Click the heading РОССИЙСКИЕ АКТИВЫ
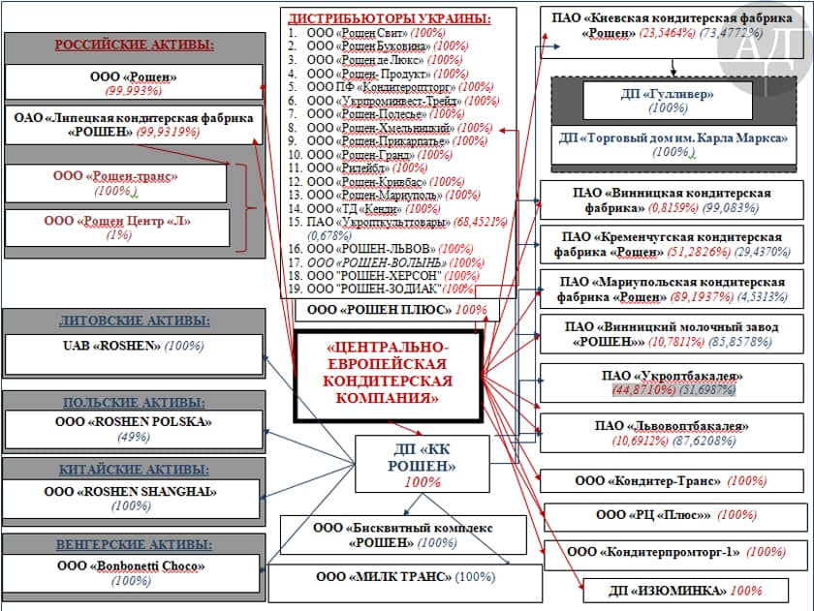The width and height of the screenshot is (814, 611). tap(134, 45)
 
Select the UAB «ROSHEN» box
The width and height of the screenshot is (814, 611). tap(134, 351)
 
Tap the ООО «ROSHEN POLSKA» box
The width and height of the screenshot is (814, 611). tap(134, 429)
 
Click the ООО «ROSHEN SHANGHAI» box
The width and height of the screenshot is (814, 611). tap(134, 499)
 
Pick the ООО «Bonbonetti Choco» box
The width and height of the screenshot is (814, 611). tap(134, 573)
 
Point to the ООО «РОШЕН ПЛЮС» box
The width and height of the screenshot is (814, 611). tap(397, 310)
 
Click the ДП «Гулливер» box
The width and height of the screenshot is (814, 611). tap(668, 101)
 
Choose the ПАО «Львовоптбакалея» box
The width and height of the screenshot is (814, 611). tap(671, 433)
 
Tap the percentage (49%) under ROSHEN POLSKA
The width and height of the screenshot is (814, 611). tap(134, 437)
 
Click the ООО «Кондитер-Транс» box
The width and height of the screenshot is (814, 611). tap(671, 480)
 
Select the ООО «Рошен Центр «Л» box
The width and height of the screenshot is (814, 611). tap(116, 228)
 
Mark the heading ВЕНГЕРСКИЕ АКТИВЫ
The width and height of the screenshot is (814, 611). tap(134, 541)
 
